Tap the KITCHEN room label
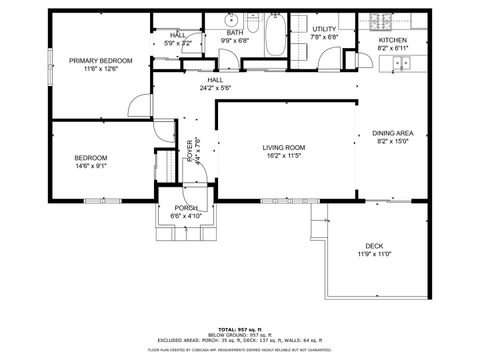coord(392,40)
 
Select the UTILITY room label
coord(323,29)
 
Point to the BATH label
coord(235,33)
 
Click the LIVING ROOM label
coord(284,147)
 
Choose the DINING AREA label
coord(393,133)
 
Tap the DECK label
coord(374,246)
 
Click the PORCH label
coord(185,208)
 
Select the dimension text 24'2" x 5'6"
coord(215,88)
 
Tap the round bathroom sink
coord(231,18)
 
